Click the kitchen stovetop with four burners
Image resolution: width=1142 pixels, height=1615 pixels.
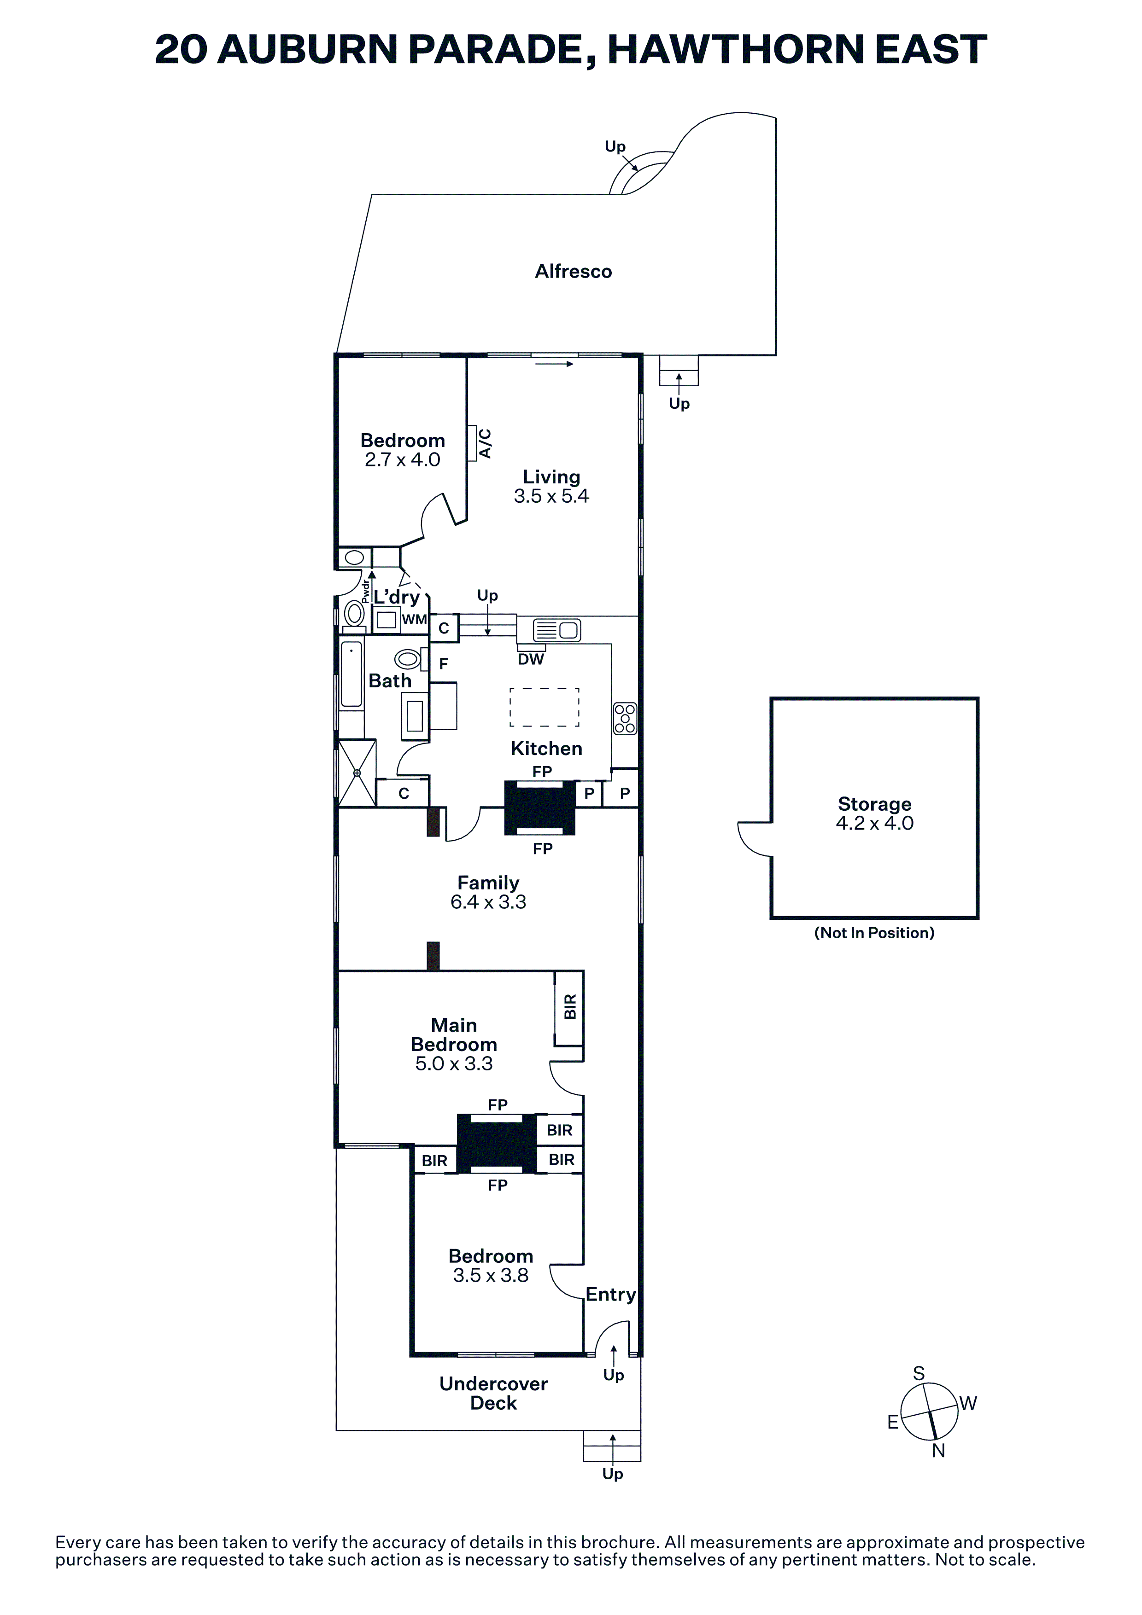click(625, 718)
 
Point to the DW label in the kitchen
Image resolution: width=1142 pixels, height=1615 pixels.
click(531, 659)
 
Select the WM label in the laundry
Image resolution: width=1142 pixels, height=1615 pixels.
click(415, 620)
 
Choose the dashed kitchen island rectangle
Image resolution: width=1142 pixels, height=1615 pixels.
click(544, 707)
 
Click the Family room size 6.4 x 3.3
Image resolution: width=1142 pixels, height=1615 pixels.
click(488, 902)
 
